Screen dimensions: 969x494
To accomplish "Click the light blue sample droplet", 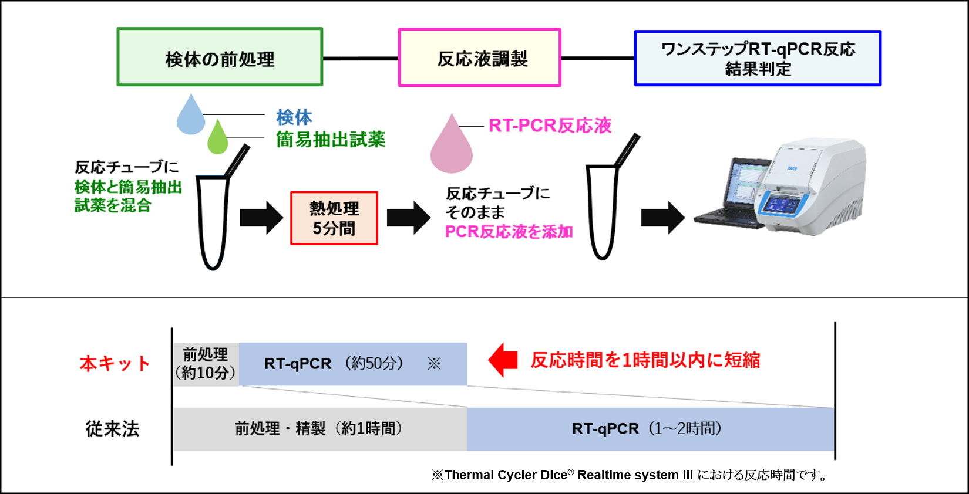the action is pos(191,115).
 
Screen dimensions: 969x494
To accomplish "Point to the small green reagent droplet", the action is pos(218,138).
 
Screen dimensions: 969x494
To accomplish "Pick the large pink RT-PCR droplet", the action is pos(451,145).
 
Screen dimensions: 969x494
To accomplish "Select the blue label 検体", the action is pos(294,117).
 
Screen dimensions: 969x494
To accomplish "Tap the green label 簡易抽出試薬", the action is pos(331,140).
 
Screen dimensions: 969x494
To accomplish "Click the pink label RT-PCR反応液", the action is pos(550,126).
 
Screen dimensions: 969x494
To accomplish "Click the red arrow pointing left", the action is pos(503,360).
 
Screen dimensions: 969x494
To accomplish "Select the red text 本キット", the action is pos(115,364).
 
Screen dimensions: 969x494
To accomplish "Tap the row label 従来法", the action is pos(112,429).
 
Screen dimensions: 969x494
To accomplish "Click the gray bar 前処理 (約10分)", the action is pos(206,364).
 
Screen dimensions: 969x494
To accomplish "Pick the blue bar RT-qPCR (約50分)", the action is pos(352,364).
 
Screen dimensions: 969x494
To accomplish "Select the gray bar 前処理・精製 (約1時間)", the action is pos(319,429).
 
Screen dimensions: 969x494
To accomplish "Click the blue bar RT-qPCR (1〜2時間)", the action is pos(650,429).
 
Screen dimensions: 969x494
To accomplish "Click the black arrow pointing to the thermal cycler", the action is pos(662,218).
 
